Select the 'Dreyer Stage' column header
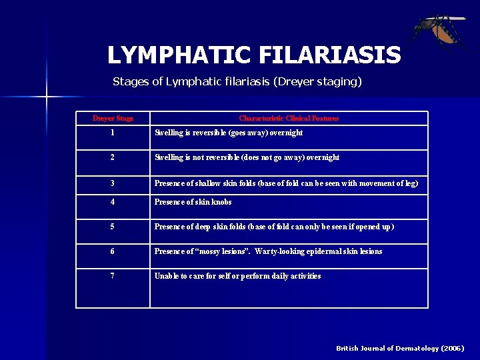[113, 119]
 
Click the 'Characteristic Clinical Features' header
[289, 119]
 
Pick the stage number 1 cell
[113, 133]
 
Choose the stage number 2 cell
[113, 157]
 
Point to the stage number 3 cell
[113, 183]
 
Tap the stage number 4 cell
[113, 202]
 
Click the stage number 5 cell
[113, 227]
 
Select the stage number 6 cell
[113, 251]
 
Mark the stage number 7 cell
[113, 276]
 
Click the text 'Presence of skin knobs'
[193, 202]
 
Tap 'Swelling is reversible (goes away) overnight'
[229, 133]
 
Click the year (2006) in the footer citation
[451, 348]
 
